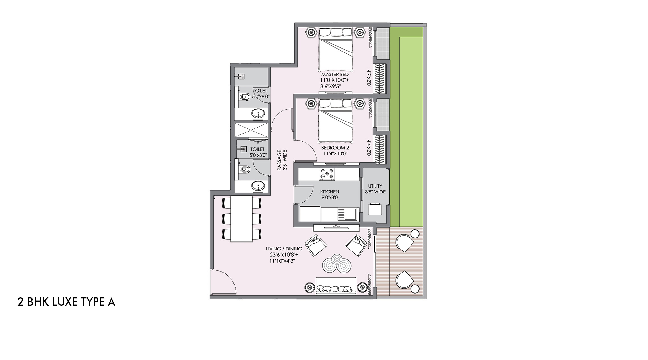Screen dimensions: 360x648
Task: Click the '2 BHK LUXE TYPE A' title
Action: coord(66,302)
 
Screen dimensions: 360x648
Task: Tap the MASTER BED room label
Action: coord(335,75)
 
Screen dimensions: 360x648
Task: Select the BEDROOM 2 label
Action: coord(335,148)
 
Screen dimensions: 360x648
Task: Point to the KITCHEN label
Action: coord(330,192)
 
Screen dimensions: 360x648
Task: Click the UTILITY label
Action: coord(375,186)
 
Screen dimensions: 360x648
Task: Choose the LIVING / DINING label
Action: coord(284,249)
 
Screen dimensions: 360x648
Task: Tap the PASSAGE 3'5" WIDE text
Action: coord(282,160)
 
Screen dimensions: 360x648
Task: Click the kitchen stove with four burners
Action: coord(327,174)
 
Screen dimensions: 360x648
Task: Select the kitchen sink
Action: coord(347,214)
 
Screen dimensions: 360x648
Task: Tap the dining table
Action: coord(241,219)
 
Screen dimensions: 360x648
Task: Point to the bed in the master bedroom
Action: coord(335,52)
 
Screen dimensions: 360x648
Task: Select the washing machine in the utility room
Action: coord(375,209)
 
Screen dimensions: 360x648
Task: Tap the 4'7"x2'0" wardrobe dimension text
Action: coord(369,78)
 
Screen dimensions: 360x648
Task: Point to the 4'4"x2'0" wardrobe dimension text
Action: coord(369,148)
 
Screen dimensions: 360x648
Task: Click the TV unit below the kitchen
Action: coord(336,227)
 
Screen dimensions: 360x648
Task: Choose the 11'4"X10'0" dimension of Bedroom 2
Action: coord(335,154)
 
